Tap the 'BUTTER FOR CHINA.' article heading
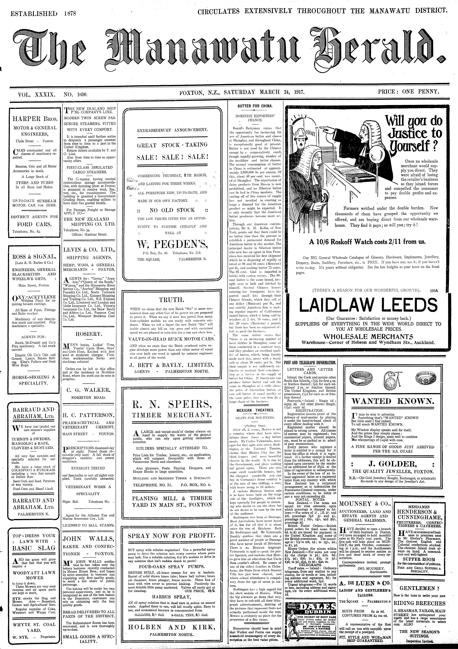255,106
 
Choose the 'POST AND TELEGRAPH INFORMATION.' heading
310,363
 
